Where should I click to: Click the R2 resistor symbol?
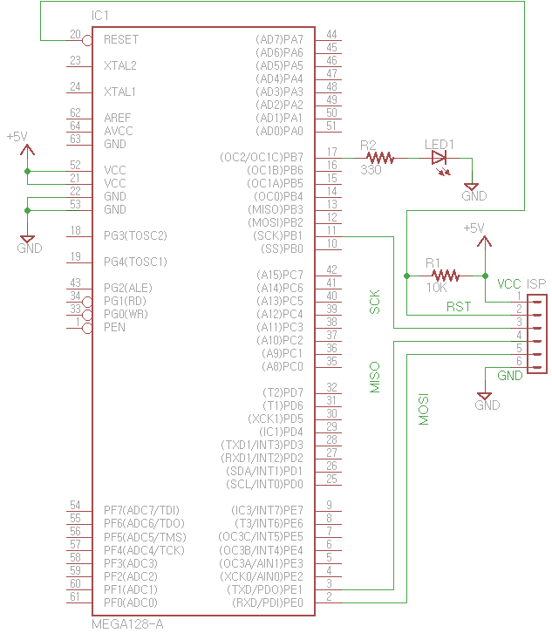point(381,158)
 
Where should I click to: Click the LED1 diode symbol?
point(439,158)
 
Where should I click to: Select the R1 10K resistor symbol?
point(445,276)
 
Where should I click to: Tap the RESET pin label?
point(120,39)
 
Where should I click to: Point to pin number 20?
point(75,35)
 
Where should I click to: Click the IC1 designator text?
point(100,17)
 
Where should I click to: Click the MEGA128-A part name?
point(127,624)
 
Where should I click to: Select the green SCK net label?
point(375,303)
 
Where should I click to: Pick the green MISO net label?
point(375,378)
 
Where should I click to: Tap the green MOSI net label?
point(424,408)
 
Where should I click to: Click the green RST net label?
point(459,306)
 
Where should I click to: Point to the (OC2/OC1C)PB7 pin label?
point(262,157)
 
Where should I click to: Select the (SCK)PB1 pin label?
point(276,235)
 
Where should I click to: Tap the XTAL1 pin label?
point(119,92)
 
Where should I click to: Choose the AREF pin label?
point(118,118)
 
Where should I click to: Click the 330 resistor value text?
point(371,171)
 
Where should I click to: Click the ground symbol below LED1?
point(472,187)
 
